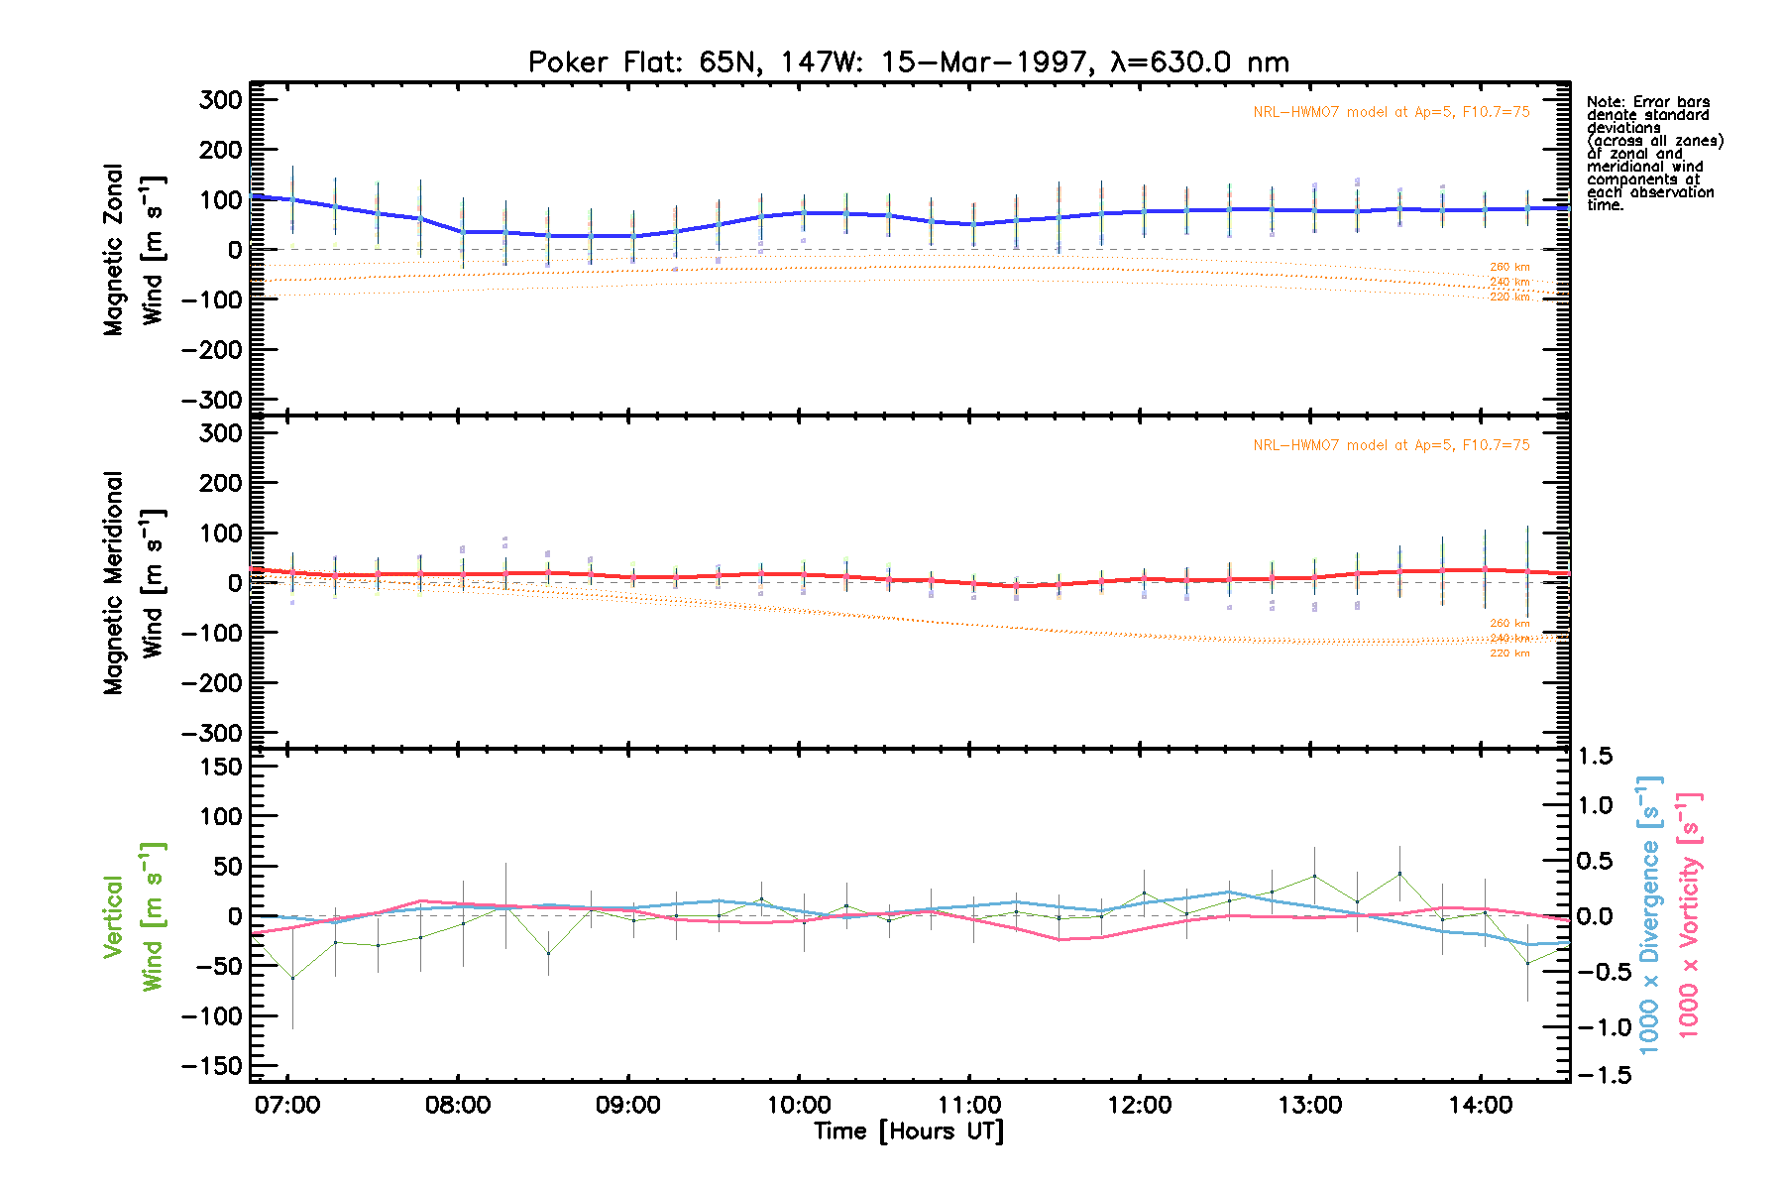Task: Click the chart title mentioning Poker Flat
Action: [x=908, y=62]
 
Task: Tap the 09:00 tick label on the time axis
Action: [x=628, y=1105]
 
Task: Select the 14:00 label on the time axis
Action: [x=1481, y=1105]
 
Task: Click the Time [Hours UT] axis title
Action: [x=908, y=1131]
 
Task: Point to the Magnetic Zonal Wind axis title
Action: [x=133, y=250]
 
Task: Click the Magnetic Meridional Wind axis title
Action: [x=133, y=583]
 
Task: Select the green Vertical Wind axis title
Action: [x=133, y=916]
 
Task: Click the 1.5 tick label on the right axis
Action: [x=1595, y=757]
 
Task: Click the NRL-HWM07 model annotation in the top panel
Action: [x=1391, y=112]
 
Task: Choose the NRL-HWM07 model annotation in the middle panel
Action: [x=1391, y=445]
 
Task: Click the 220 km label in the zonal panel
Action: [x=1509, y=297]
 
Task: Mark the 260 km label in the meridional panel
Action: [x=1509, y=624]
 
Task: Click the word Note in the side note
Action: [x=1605, y=102]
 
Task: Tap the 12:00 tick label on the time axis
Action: [x=1140, y=1105]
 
